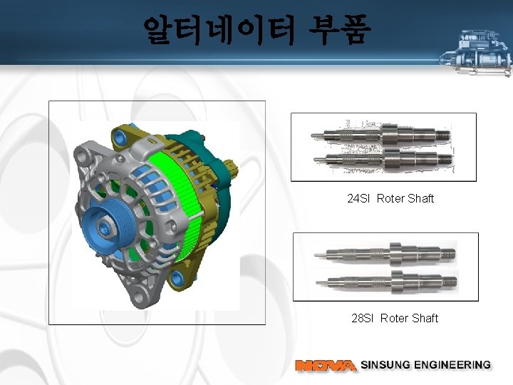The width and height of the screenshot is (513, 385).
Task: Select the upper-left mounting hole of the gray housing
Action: (x=89, y=153)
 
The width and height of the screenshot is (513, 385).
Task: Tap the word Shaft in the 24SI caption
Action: (x=420, y=198)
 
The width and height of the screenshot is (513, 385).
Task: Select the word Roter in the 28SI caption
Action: (x=394, y=318)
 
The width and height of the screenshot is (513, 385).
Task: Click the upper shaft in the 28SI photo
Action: (x=385, y=252)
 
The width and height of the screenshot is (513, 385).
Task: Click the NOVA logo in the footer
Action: (x=326, y=365)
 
